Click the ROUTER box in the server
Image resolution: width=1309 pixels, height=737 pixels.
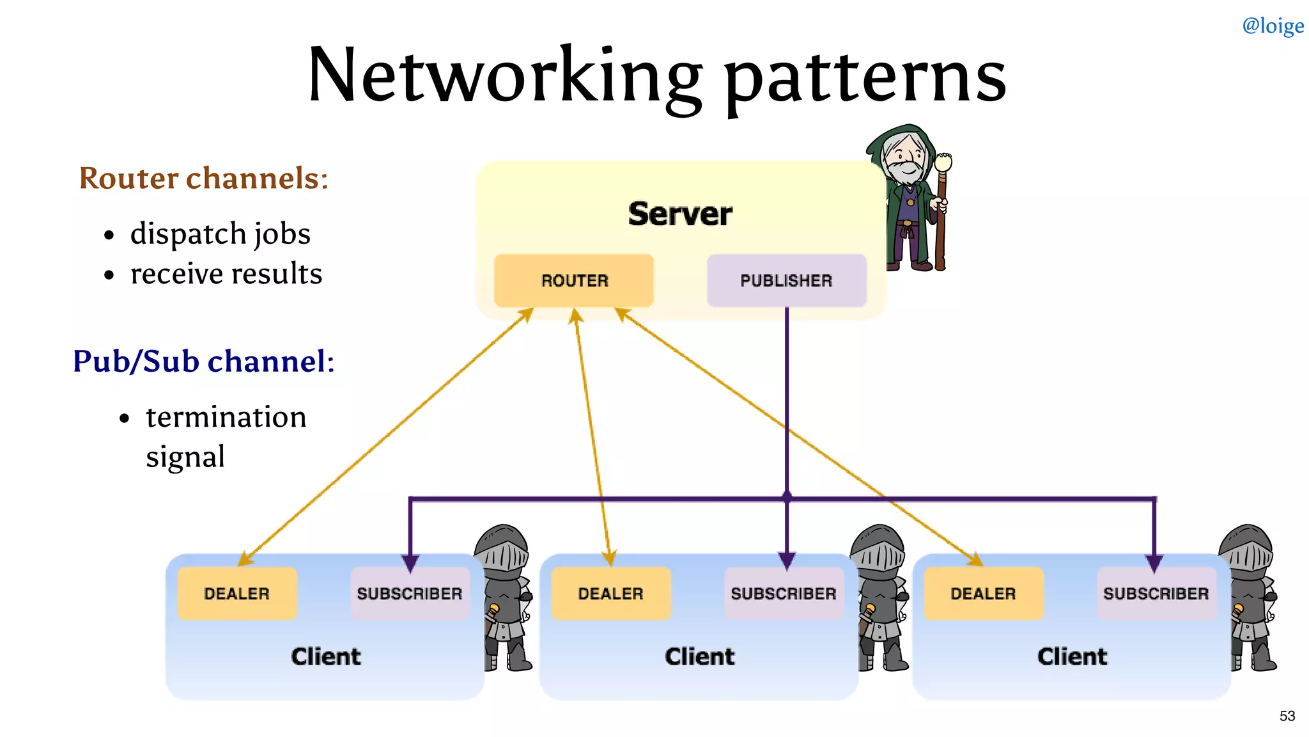point(574,280)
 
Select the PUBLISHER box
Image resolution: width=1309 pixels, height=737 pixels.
point(786,280)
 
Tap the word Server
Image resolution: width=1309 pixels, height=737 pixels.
point(679,214)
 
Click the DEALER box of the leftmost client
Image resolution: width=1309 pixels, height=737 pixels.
point(236,593)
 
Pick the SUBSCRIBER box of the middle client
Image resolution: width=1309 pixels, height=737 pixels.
point(784,593)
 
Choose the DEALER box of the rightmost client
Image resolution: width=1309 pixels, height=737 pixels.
point(983,593)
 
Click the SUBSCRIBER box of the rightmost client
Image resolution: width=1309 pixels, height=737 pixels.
point(1156,593)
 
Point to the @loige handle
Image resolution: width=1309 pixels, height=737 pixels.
point(1273,26)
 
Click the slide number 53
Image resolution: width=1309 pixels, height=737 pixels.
point(1287,716)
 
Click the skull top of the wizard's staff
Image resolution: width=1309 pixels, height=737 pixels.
point(943,162)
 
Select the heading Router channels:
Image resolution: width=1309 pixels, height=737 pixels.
point(203,178)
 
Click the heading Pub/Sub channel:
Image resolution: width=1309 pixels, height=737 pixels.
point(203,361)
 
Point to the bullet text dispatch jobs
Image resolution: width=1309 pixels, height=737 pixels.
point(220,234)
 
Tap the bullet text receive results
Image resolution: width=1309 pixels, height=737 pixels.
point(226,274)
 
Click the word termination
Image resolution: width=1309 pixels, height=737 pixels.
point(226,417)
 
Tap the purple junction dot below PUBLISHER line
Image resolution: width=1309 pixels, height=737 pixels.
point(787,496)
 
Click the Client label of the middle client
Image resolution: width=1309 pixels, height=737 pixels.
point(699,656)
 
